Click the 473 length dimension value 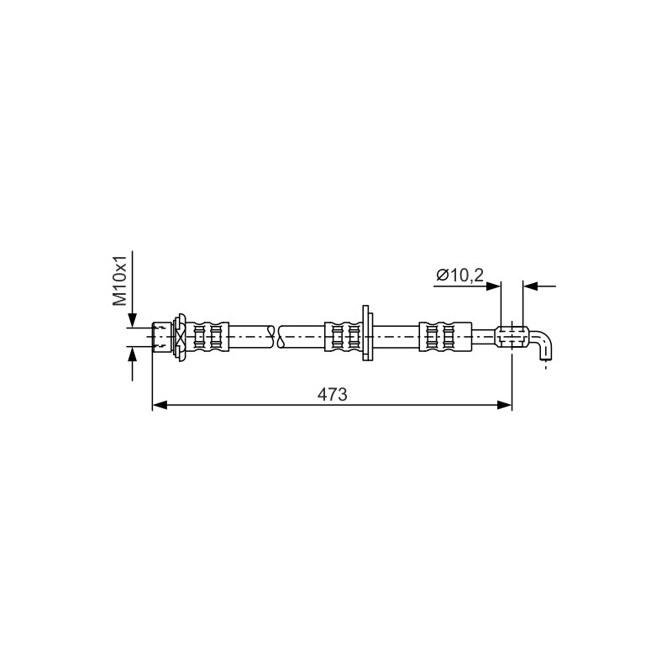click(332, 394)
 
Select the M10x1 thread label click(119, 281)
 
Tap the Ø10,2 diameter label click(459, 275)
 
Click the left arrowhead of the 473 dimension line click(160, 405)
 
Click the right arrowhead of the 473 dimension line click(505, 405)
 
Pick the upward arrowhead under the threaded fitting click(133, 353)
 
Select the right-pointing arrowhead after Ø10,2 click(493, 286)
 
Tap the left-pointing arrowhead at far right click(531, 286)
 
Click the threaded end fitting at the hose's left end click(162, 337)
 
